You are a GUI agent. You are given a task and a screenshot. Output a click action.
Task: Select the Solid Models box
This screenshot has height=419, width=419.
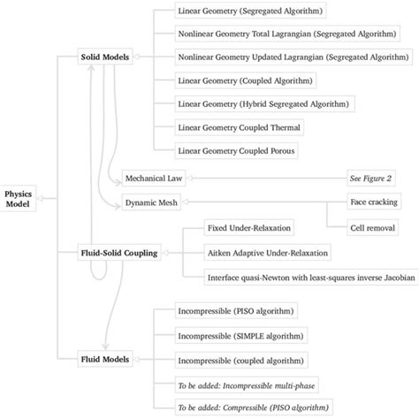[105, 57]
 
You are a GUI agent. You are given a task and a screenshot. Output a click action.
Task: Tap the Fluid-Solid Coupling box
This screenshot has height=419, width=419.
[119, 253]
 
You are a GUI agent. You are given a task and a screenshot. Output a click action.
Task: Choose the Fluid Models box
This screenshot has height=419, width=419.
[105, 359]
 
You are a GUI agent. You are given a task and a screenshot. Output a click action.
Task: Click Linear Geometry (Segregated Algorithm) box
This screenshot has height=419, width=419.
[236, 11]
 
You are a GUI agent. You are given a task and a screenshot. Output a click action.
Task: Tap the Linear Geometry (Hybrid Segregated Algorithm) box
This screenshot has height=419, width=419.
[253, 104]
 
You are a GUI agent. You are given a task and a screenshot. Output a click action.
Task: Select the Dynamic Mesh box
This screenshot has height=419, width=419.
[152, 202]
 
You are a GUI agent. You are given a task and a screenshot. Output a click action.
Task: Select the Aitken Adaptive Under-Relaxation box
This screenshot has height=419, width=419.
[266, 253]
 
